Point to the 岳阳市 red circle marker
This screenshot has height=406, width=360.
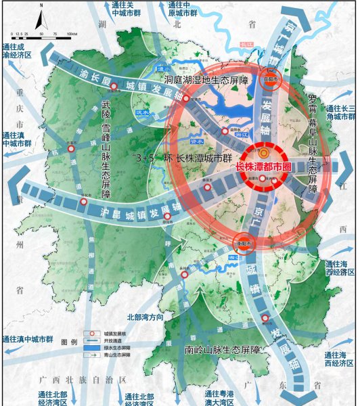coord(270,78)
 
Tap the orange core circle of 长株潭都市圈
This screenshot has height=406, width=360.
coord(263,154)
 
